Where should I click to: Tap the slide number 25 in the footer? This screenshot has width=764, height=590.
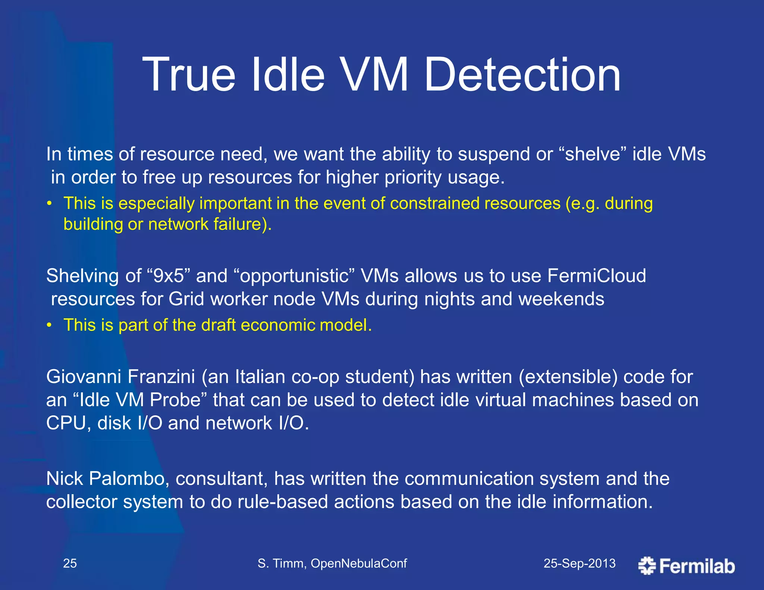(70, 563)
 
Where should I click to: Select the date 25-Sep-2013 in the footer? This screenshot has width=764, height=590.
(579, 563)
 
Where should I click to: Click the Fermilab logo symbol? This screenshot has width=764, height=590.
(647, 566)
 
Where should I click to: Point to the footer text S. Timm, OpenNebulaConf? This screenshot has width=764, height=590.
(332, 563)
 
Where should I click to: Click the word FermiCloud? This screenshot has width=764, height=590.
(597, 276)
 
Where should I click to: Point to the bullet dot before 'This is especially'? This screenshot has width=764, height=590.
(49, 204)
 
